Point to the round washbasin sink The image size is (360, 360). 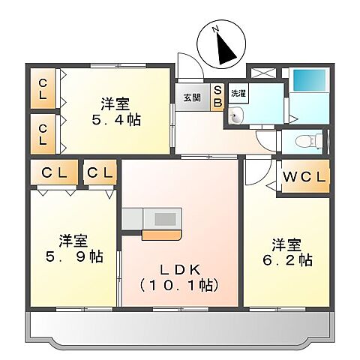click(235, 115)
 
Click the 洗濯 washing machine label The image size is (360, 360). click(237, 94)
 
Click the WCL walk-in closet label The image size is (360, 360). click(304, 178)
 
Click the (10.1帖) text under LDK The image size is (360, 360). click(178, 284)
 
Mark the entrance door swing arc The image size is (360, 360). click(187, 64)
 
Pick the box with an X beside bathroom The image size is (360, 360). click(263, 73)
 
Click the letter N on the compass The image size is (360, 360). click(215, 29)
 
